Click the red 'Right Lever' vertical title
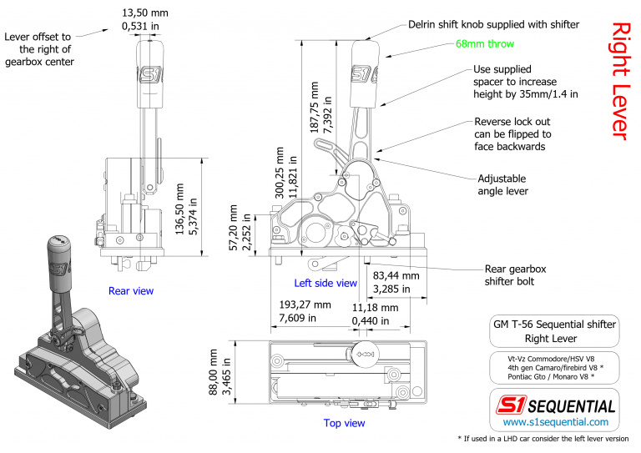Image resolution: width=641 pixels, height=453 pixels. pos(619,80)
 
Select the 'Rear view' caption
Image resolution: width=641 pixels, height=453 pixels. pos(131,291)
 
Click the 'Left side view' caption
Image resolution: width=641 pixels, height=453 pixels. pos(325,283)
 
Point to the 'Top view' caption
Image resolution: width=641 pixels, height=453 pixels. pos(344,423)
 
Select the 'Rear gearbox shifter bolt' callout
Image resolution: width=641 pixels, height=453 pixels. pos(515,276)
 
